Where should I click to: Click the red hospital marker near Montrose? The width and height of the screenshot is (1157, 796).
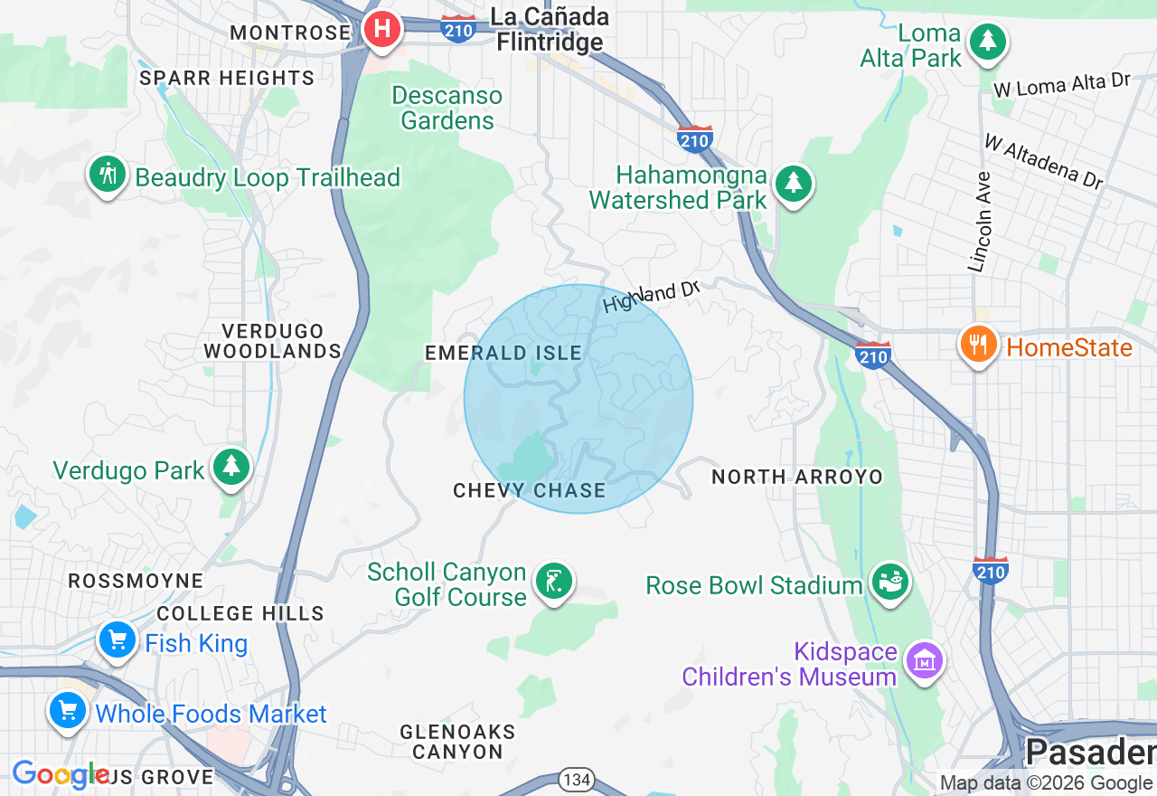click(382, 28)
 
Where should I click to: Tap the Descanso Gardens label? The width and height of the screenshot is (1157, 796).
click(447, 108)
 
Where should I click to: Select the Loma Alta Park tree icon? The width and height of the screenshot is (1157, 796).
click(988, 42)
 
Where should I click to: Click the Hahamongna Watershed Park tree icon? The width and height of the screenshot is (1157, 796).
click(794, 184)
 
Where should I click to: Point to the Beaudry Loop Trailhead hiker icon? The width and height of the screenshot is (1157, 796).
click(108, 175)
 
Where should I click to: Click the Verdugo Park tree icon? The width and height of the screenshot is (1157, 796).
click(231, 467)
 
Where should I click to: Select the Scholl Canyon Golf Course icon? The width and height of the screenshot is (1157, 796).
click(553, 581)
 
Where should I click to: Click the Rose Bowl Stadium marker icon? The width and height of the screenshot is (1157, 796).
click(889, 582)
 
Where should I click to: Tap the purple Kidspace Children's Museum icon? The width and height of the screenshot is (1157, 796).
click(925, 662)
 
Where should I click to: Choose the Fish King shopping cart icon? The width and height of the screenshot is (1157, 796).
click(117, 640)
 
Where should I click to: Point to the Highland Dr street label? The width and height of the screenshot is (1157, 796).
click(652, 297)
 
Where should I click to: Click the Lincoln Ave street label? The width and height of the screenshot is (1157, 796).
click(980, 223)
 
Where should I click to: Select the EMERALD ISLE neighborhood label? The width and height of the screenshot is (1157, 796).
click(503, 353)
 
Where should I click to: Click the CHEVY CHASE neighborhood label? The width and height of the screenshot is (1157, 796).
click(529, 490)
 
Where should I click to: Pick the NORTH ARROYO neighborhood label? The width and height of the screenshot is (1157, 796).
click(796, 477)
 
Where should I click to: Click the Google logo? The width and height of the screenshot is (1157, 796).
click(60, 774)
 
